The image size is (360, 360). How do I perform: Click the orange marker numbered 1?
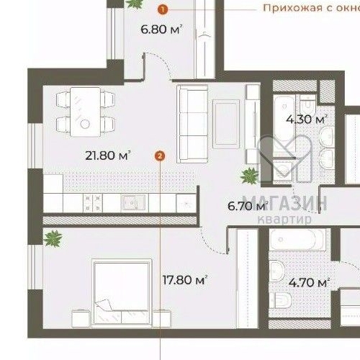click(163, 9)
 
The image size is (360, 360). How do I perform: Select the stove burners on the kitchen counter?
click(93, 202)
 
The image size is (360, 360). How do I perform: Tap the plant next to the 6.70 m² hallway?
click(249, 175)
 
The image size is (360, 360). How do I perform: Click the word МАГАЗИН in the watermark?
click(284, 204)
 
